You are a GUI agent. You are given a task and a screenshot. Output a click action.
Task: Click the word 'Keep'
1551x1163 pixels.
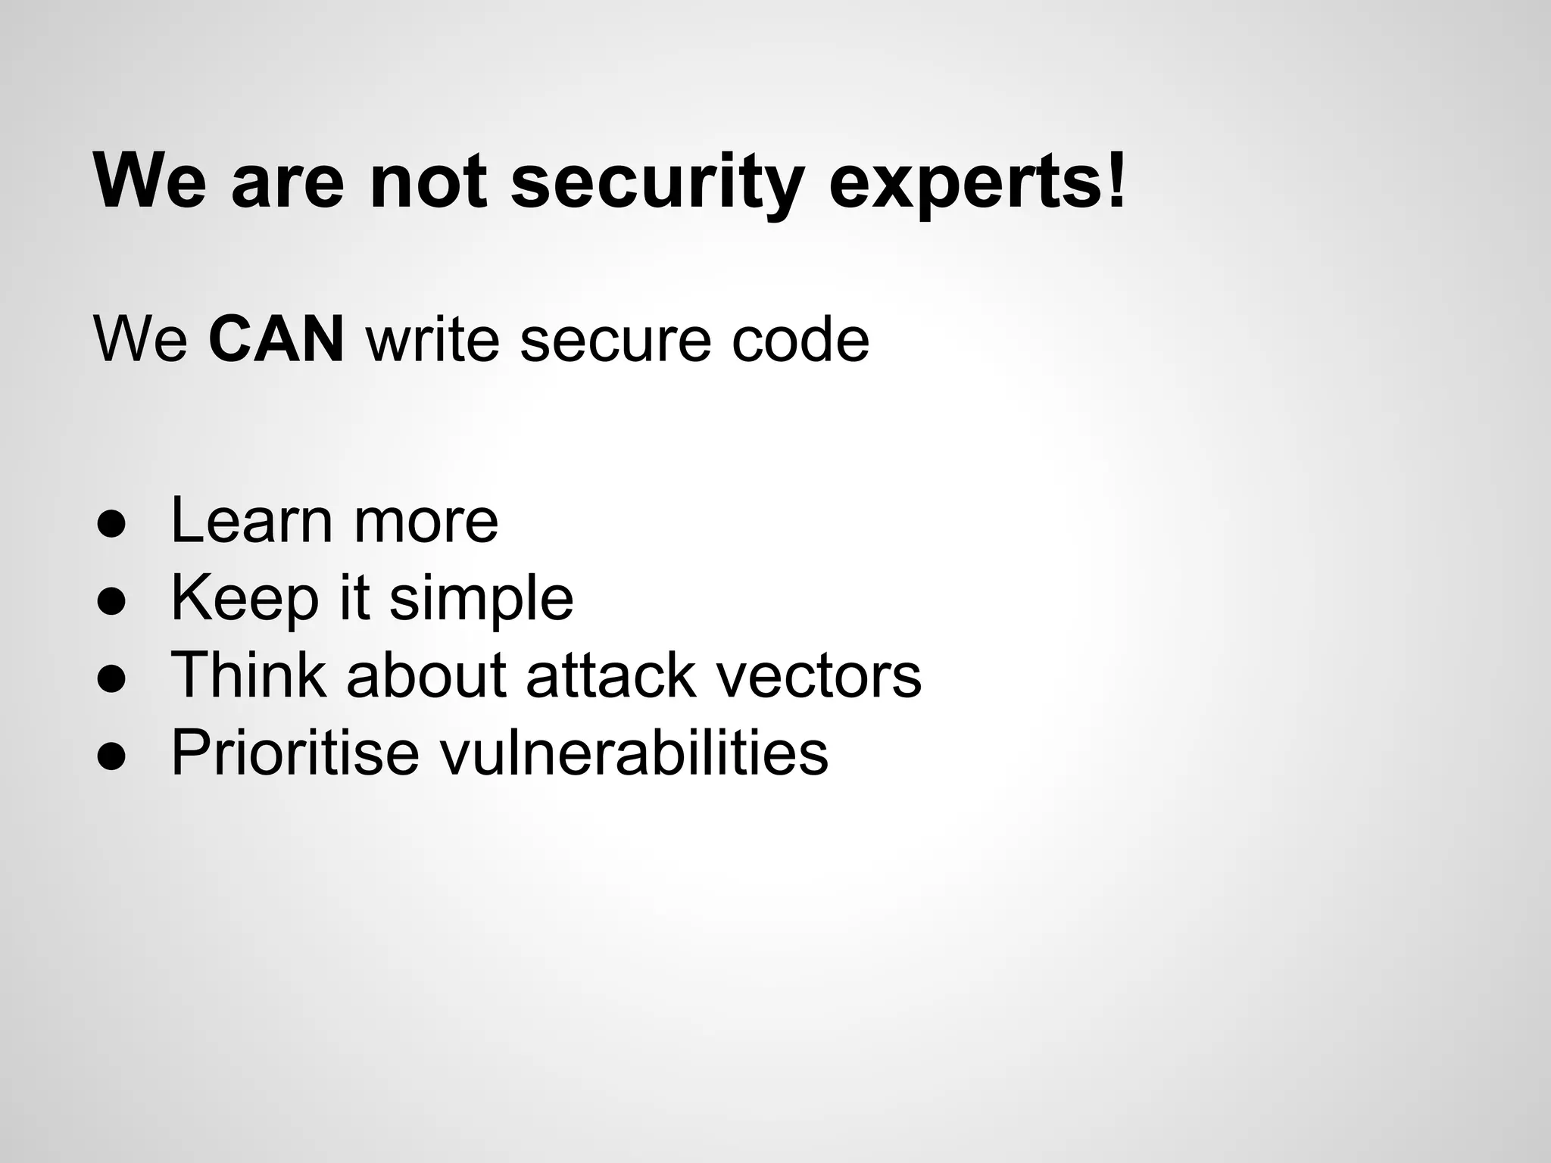[x=245, y=598]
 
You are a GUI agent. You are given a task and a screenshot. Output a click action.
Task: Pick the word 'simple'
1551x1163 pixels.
[x=481, y=598]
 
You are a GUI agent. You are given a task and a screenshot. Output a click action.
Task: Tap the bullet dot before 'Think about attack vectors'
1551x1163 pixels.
[x=111, y=680]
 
